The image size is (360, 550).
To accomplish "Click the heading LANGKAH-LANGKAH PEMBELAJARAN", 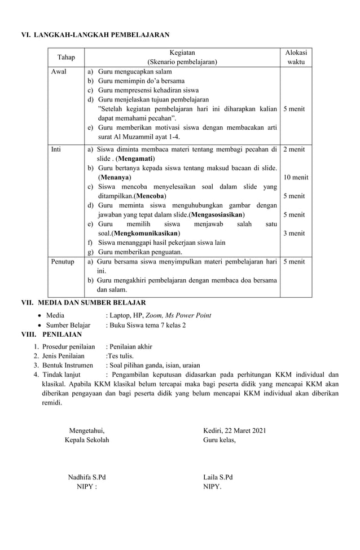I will (102, 35).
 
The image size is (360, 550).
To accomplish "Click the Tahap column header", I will (66, 57).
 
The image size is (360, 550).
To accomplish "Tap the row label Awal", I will (59, 72).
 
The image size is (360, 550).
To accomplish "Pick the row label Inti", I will (56, 149).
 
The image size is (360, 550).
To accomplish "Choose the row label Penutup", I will (63, 262).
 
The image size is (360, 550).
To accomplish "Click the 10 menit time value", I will (296, 177).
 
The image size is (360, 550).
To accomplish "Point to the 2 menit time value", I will (294, 149).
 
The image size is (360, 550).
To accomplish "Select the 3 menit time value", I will (294, 233).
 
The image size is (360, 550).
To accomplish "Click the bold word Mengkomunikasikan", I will (146, 234).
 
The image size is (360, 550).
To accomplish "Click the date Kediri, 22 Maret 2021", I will (234, 431).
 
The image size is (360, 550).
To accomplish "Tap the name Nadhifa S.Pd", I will (87, 477).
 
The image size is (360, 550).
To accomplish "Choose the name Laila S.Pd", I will (218, 477).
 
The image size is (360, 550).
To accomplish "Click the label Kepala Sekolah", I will (87, 440).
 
